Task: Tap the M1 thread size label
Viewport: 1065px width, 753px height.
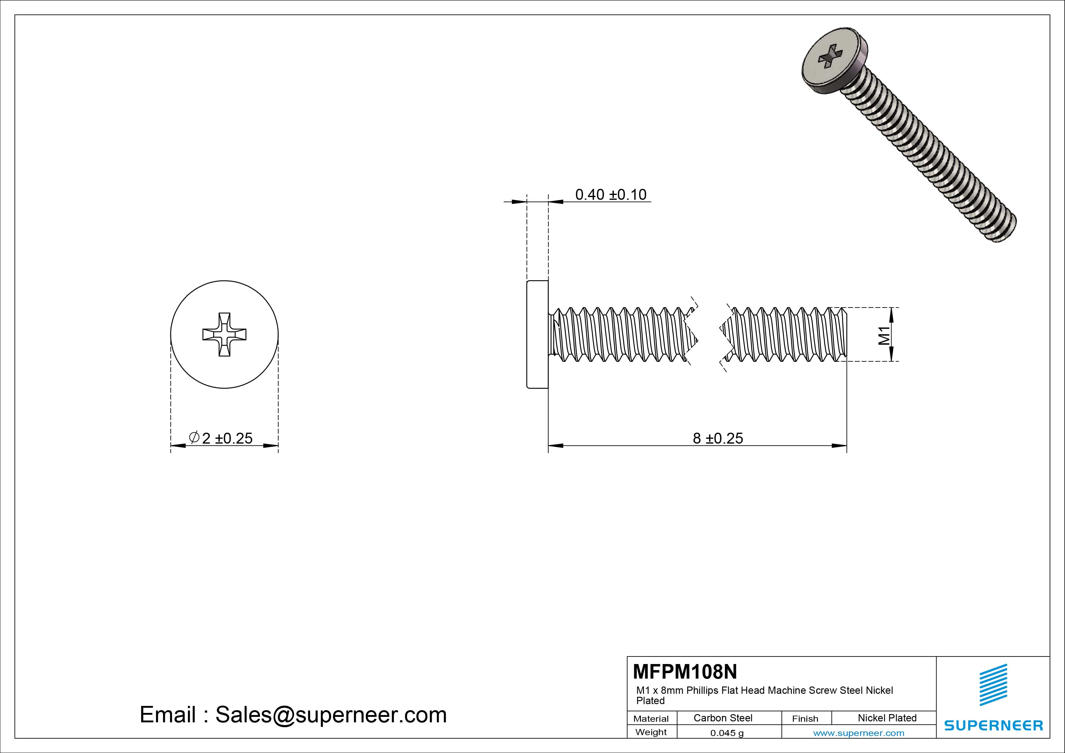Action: [884, 335]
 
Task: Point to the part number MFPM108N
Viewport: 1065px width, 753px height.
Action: [685, 671]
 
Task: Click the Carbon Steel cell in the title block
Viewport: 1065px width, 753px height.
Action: [723, 718]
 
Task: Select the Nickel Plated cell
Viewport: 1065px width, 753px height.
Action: [887, 718]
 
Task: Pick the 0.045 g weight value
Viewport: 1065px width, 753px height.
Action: [727, 733]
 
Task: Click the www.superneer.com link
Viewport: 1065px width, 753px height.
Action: [859, 733]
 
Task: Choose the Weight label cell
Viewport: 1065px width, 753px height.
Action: [651, 732]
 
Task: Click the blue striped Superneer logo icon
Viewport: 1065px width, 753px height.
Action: [993, 685]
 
